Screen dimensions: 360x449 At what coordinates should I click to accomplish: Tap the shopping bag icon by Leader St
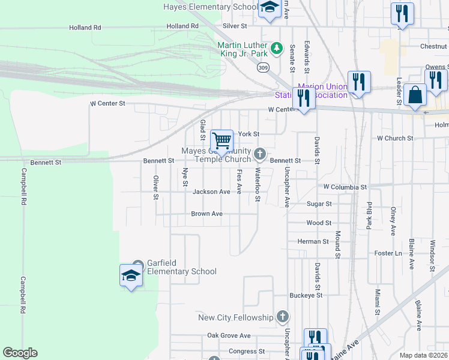415,95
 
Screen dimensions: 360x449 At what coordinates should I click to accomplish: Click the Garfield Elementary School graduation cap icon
131,275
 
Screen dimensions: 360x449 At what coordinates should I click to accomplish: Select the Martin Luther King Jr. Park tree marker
276,47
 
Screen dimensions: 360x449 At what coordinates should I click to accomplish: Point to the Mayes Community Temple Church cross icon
259,155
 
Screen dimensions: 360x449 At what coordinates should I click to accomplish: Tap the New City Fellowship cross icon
283,317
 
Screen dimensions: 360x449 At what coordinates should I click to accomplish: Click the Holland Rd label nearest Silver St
182,26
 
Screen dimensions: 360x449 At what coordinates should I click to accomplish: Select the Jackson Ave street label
211,192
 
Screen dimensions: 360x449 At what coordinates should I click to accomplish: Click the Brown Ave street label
206,214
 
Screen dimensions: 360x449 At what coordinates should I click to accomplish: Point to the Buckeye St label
306,295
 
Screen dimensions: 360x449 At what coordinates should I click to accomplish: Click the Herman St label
313,241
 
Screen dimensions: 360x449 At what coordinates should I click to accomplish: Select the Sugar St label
319,204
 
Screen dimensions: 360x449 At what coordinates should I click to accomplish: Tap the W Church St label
395,138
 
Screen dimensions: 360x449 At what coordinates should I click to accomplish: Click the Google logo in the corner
20,353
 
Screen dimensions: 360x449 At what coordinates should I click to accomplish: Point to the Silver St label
235,26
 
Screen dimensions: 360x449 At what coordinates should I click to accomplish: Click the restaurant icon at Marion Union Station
304,98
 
